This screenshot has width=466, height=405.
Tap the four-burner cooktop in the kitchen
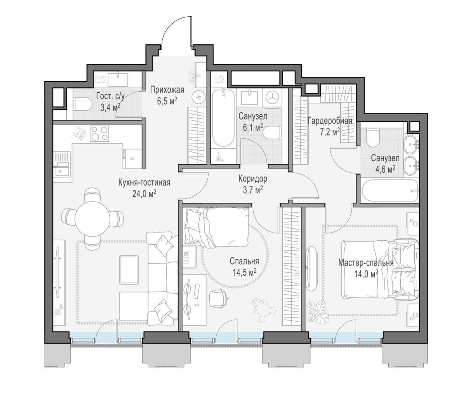click(x=99, y=134)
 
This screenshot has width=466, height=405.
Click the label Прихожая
click(x=167, y=90)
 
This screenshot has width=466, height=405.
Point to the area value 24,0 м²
click(x=144, y=194)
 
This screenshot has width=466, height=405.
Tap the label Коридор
click(x=252, y=179)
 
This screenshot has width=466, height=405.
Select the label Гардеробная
click(x=330, y=121)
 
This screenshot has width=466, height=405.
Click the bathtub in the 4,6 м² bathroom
click(x=390, y=191)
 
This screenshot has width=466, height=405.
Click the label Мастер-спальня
click(x=366, y=263)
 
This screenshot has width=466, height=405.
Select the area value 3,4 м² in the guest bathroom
click(x=110, y=106)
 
